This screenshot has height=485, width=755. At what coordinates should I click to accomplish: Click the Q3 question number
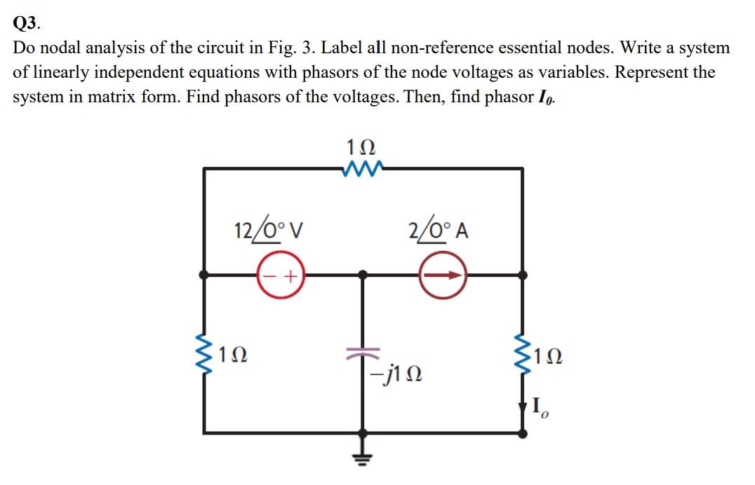coord(27,22)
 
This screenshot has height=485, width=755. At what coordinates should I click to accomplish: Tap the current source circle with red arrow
coord(442,276)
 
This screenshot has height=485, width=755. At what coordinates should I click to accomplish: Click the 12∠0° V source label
coord(267,229)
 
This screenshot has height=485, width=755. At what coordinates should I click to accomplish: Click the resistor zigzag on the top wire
coord(362,168)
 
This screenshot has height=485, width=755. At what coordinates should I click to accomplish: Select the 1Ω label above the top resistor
coord(362,148)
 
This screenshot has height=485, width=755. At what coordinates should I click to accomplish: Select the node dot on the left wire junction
coord(204,276)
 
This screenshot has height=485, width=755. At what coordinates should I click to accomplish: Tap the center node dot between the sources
coord(362,276)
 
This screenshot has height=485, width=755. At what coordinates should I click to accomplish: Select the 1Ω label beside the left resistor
coord(232,358)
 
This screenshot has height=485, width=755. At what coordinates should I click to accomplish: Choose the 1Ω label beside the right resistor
coord(549,358)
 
